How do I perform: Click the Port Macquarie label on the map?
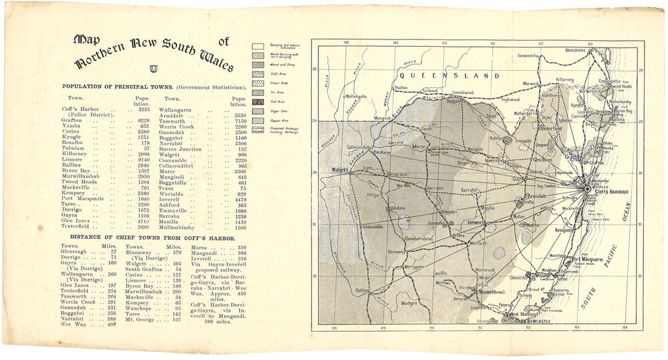click(x=590, y=259)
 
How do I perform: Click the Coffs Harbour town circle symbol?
click(x=587, y=189)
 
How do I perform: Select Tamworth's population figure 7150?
click(x=240, y=120)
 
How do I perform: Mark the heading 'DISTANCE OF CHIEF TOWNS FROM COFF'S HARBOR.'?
click(x=143, y=238)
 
